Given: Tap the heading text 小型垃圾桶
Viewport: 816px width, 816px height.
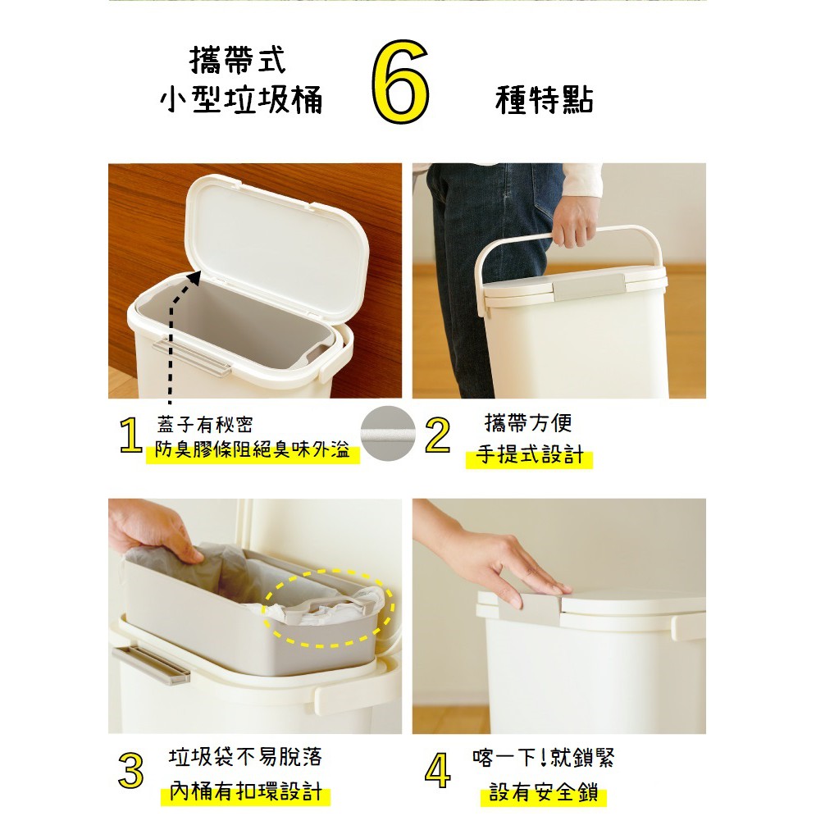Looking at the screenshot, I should coord(241,99).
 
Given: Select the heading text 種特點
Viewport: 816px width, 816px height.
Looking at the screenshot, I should coord(545,100).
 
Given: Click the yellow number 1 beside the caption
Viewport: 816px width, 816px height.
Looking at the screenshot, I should coord(130,436).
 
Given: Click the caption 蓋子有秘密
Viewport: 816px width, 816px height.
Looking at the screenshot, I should coord(204,424).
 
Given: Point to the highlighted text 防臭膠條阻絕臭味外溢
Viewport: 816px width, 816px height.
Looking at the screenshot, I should coord(252,450).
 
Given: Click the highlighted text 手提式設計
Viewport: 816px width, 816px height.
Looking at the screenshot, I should coord(529,455).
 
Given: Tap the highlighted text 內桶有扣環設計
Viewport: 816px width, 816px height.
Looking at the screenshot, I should coord(245,792).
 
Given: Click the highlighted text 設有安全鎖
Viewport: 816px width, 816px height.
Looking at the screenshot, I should coord(544,793).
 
